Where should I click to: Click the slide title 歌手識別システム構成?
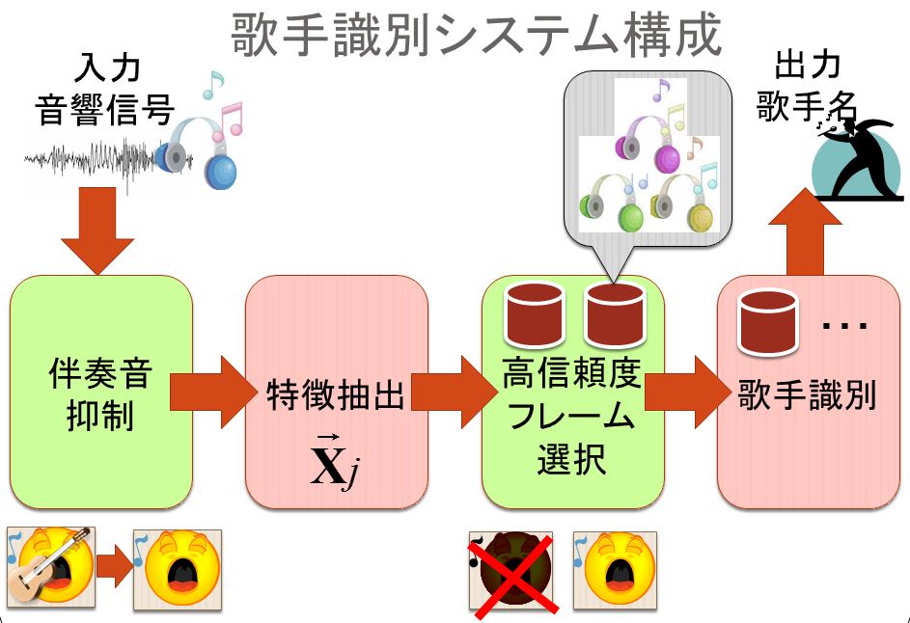click(x=476, y=36)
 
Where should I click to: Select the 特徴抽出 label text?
click(x=335, y=394)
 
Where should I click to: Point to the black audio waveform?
click(x=92, y=160)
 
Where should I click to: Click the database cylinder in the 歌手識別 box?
click(x=767, y=323)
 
